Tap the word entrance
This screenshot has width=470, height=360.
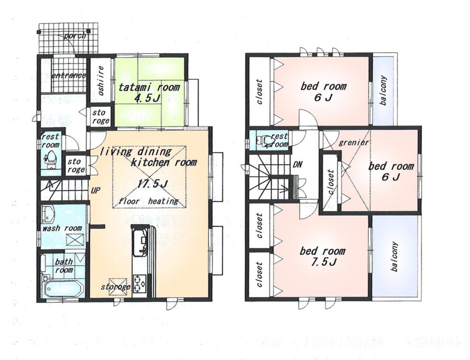(69, 75)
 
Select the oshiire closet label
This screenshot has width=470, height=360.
(101, 81)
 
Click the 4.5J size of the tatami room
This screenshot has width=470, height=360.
(149, 99)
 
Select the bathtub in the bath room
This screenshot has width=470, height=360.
(63, 288)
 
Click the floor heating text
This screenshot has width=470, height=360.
(149, 201)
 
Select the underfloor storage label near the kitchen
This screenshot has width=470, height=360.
(115, 287)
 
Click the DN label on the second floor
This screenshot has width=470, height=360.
(297, 165)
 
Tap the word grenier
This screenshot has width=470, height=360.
(353, 142)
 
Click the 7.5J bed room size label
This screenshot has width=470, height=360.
(322, 262)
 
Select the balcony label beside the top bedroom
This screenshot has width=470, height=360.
(383, 90)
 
